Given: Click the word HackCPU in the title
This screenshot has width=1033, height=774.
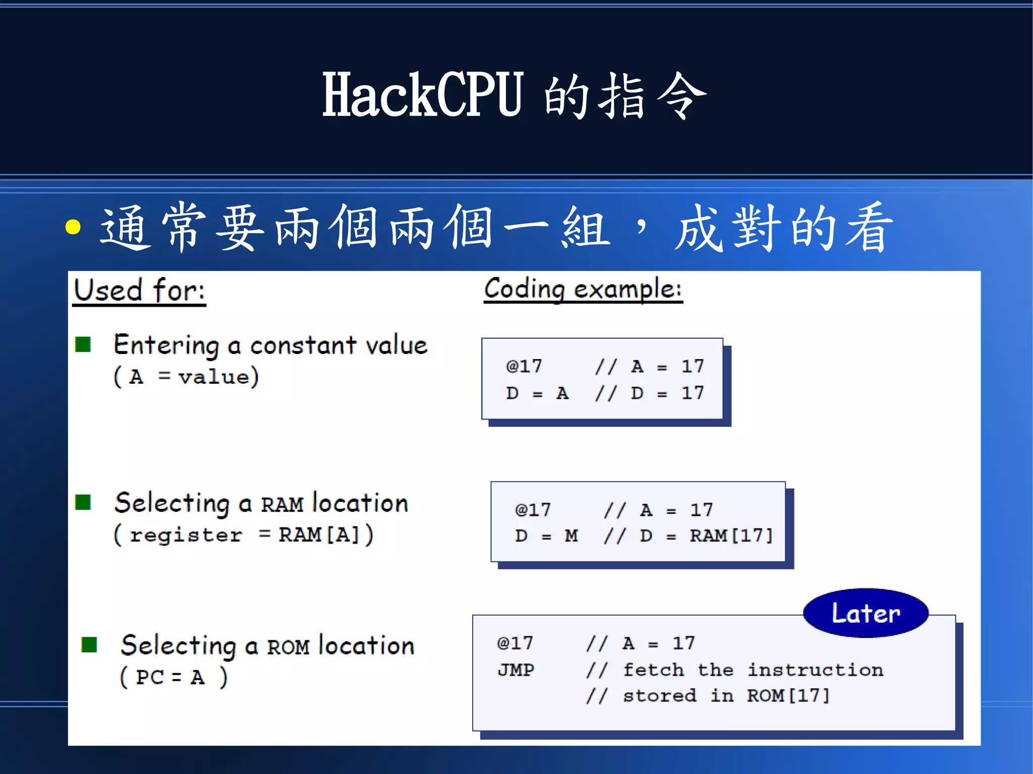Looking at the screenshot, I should point(423,95).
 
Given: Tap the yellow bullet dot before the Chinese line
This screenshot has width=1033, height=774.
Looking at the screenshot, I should point(73,227).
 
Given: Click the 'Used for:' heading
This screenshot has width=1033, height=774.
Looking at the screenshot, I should point(139,290).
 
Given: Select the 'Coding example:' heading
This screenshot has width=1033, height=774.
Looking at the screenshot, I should point(583,289).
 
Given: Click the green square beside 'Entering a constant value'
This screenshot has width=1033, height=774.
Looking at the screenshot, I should point(83,345).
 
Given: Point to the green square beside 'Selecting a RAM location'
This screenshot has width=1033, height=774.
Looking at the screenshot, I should point(83,502).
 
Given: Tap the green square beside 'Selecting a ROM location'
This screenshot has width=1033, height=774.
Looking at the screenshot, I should point(89,644).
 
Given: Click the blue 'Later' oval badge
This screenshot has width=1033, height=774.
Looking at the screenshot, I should point(866,613).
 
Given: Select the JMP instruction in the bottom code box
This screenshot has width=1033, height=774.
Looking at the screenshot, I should point(515,670).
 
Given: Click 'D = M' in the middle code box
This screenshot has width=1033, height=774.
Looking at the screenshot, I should point(546,535).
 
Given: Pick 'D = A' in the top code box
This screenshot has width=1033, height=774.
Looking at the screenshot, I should point(537,393).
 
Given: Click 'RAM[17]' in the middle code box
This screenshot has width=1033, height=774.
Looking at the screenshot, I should point(731,535).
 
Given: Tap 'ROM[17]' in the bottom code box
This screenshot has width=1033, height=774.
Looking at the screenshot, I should point(788,696).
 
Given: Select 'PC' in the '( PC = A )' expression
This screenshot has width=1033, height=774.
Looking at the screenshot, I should point(150,677).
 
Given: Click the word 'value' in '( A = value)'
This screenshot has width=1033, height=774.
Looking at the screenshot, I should point(214,377).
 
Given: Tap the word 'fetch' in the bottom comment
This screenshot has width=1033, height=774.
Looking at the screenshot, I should point(653,670).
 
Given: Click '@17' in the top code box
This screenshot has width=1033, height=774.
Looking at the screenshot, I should point(524,366).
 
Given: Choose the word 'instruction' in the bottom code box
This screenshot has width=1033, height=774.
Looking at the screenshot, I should point(815,670).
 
